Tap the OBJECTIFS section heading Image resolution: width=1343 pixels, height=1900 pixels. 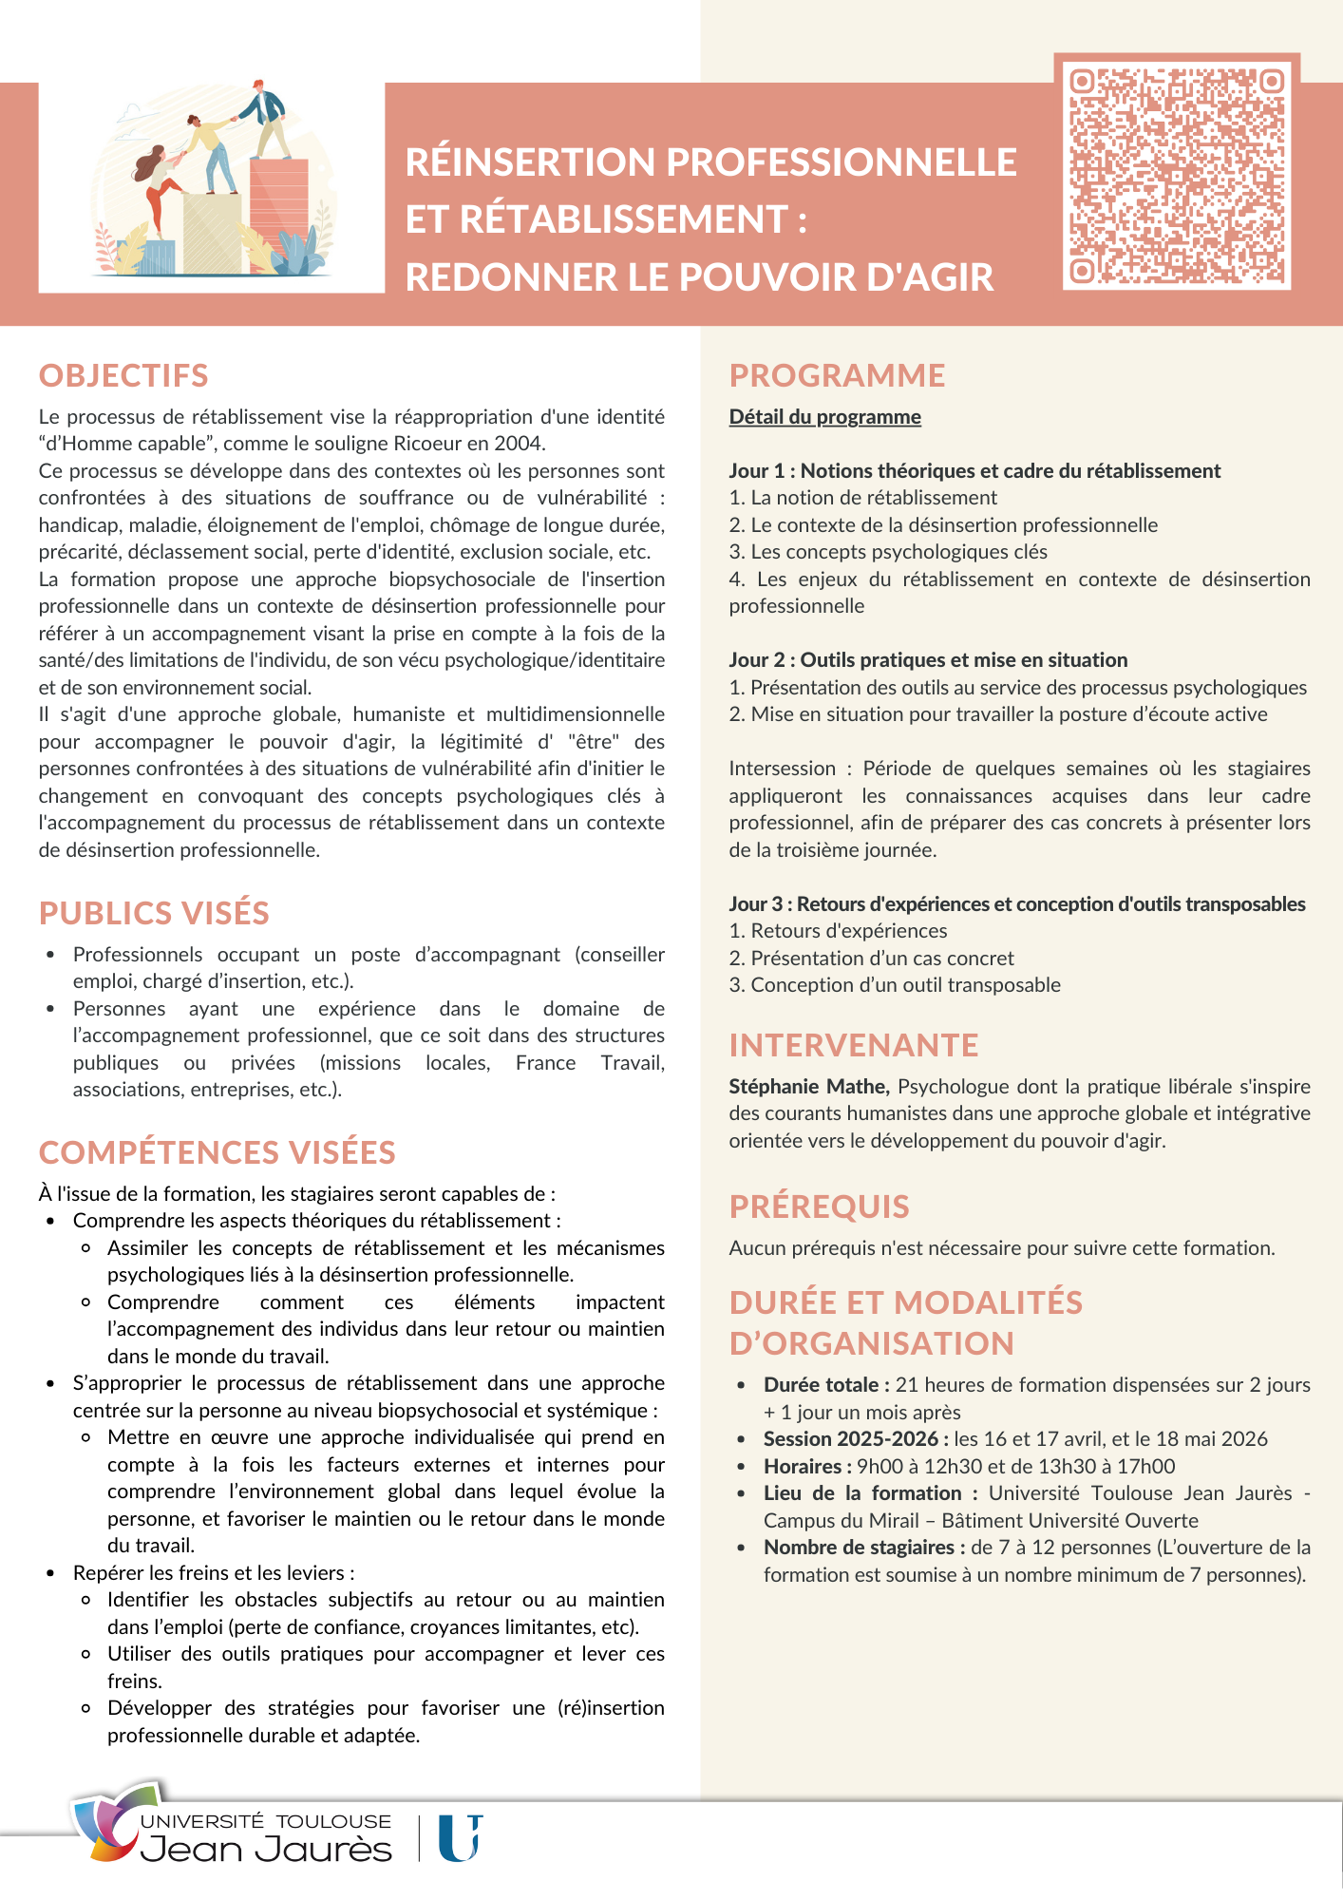click(x=123, y=375)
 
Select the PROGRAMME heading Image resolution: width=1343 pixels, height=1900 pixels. click(x=837, y=375)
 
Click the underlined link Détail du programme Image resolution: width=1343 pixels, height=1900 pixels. click(x=824, y=417)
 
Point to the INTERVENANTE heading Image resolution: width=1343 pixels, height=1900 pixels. click(x=853, y=1045)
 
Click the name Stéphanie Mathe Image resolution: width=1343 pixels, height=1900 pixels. click(x=808, y=1086)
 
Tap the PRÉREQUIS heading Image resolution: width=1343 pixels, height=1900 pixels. click(x=819, y=1206)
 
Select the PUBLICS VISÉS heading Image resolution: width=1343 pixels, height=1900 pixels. click(x=154, y=913)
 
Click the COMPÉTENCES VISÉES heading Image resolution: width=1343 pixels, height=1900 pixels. click(x=217, y=1152)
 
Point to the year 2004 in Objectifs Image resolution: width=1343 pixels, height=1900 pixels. click(x=520, y=444)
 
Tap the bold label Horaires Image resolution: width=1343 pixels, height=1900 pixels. click(x=806, y=1467)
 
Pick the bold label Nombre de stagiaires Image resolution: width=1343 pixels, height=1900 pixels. click(x=863, y=1548)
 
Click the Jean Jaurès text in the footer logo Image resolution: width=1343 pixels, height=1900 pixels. click(x=266, y=1850)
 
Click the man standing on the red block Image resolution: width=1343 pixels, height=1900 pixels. click(x=265, y=119)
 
